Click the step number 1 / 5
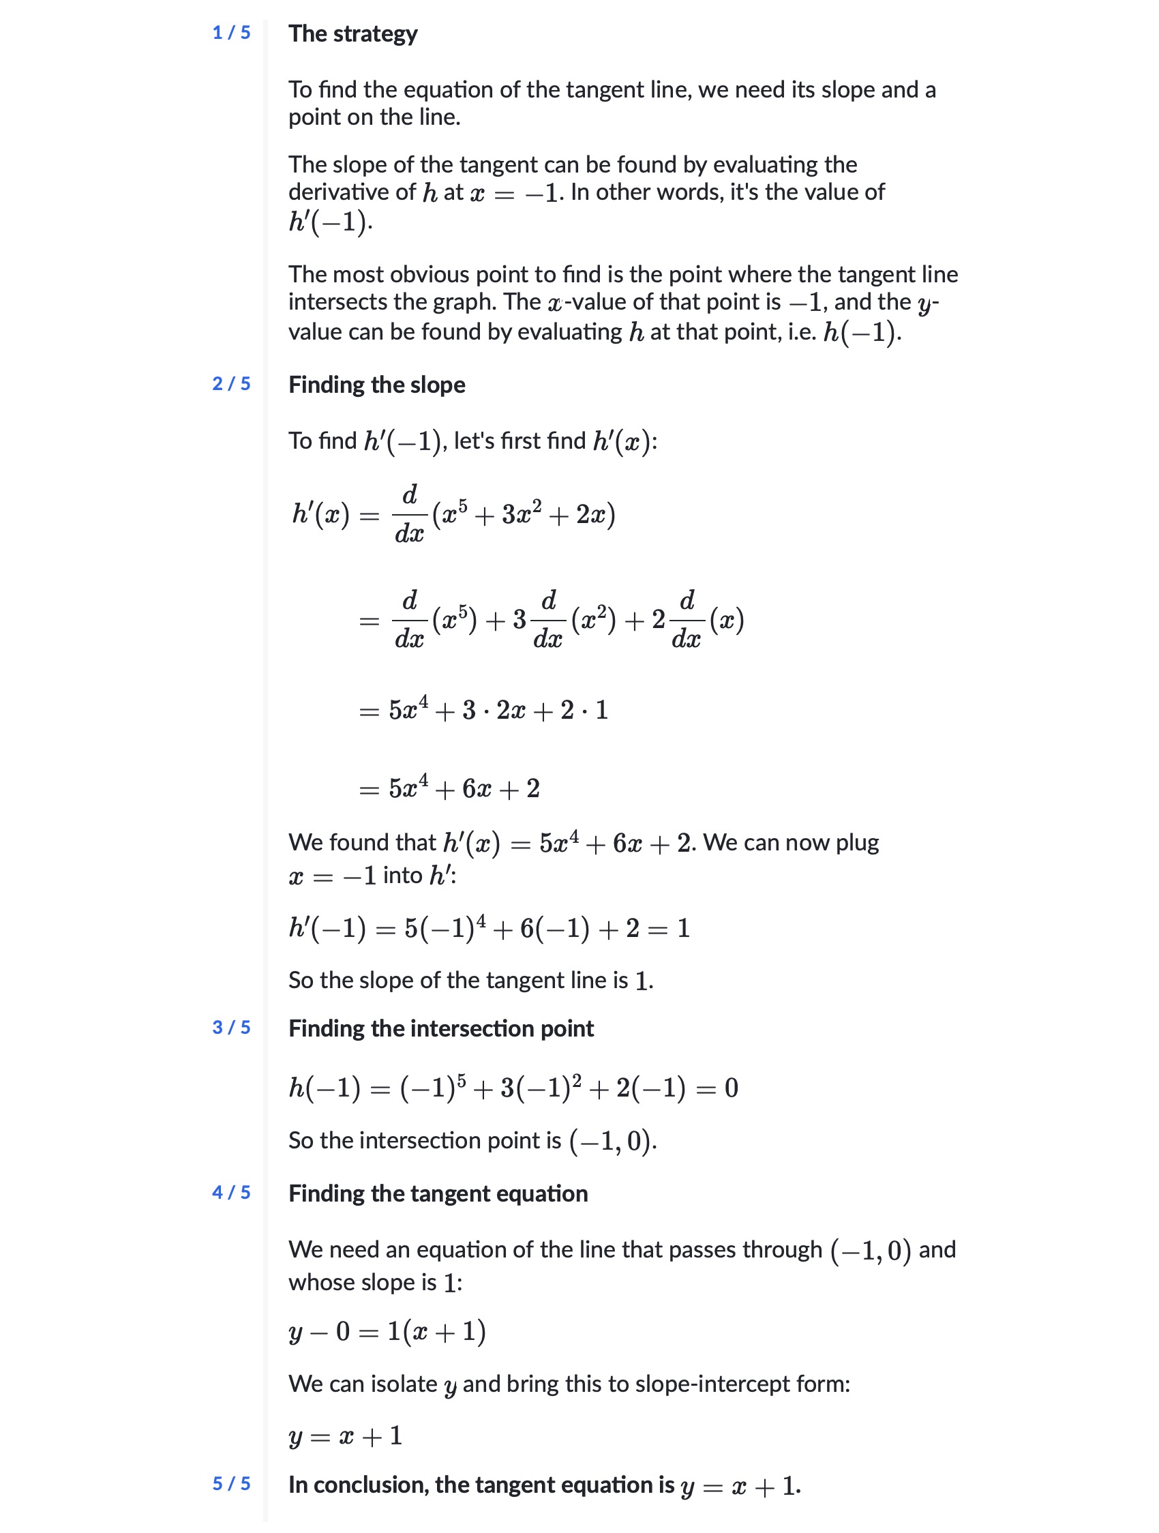[230, 33]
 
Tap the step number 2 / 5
[230, 384]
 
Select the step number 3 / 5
[230, 1027]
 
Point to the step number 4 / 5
[230, 1192]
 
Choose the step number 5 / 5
[230, 1483]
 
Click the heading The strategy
[352, 33]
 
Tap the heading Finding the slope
[376, 385]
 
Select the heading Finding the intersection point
[440, 1028]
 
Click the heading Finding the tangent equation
[438, 1193]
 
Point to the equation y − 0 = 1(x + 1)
[387, 1331]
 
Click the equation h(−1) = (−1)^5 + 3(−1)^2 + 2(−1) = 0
[513, 1088]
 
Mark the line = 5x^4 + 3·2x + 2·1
[483, 711]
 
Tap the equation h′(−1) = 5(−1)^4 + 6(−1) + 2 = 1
[489, 928]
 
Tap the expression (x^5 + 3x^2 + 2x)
[524, 515]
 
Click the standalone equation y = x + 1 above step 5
[346, 1435]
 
